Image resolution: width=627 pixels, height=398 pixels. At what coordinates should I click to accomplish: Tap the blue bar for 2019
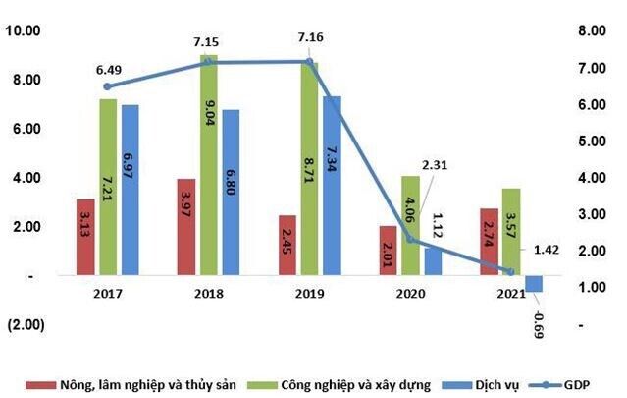tap(333, 186)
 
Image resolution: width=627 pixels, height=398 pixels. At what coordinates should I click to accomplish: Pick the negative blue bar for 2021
tap(534, 283)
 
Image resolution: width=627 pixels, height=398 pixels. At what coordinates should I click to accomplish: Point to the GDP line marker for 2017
tap(107, 86)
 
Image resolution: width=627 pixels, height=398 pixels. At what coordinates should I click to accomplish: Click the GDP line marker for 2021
tap(510, 271)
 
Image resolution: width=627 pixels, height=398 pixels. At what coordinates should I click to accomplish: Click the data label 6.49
tap(109, 69)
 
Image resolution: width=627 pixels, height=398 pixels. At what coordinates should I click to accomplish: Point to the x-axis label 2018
tap(210, 294)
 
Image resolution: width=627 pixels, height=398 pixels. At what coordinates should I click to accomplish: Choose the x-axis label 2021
tap(511, 294)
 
